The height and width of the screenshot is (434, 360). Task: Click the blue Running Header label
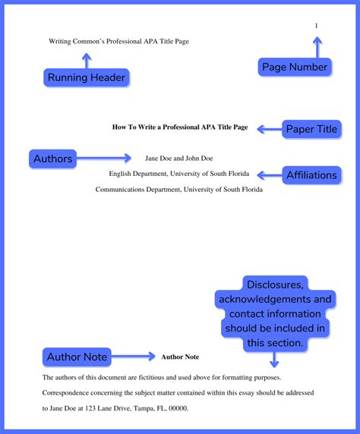(87, 77)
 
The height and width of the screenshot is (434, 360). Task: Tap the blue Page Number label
(295, 67)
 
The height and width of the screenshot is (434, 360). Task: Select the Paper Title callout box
(311, 129)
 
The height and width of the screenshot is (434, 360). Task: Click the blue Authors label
(53, 159)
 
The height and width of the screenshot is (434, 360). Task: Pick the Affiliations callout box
(311, 175)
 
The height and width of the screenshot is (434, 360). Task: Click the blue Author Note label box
(77, 357)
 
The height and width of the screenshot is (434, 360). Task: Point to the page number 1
(317, 27)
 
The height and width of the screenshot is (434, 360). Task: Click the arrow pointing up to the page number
(317, 47)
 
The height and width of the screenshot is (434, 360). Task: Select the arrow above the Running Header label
(87, 59)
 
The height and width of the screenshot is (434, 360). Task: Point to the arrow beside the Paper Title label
(267, 129)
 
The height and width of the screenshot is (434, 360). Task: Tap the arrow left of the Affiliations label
(267, 175)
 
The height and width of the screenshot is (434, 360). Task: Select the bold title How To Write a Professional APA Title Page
(180, 127)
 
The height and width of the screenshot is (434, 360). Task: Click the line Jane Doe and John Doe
(179, 159)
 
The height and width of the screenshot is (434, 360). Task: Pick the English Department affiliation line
(179, 174)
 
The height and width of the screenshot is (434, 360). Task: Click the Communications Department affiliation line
(179, 190)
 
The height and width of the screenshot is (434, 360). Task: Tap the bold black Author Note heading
(180, 357)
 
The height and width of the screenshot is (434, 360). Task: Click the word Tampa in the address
(135, 408)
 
